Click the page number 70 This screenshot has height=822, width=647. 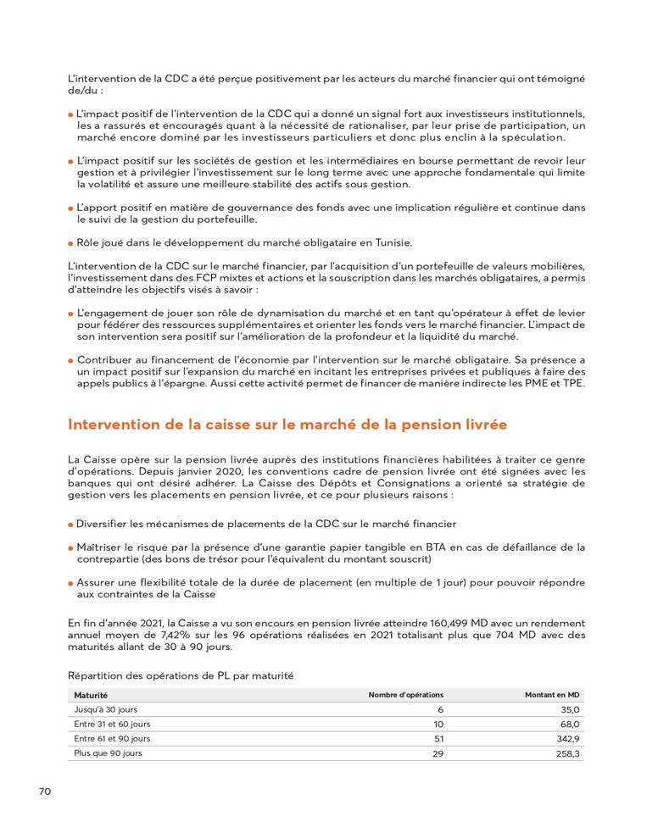coord(45,791)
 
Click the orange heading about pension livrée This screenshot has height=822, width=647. coord(287,424)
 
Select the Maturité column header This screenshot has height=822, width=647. coord(91,695)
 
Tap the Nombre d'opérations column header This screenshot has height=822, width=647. coord(405,695)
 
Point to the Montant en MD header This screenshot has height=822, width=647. coord(552,695)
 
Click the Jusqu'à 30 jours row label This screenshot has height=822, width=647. coord(105,709)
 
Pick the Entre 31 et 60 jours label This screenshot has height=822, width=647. coord(112,724)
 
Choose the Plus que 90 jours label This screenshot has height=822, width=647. coord(108,753)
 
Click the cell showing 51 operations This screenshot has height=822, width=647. coord(438,738)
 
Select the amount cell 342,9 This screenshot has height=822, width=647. coord(566,738)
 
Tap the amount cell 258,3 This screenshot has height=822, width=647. coord(567,753)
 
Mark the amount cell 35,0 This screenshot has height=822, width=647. coord(570,709)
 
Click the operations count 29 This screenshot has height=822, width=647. coord(438,753)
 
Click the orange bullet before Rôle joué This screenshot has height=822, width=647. coord(70,243)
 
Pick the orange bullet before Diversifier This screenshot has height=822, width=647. coord(70,525)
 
